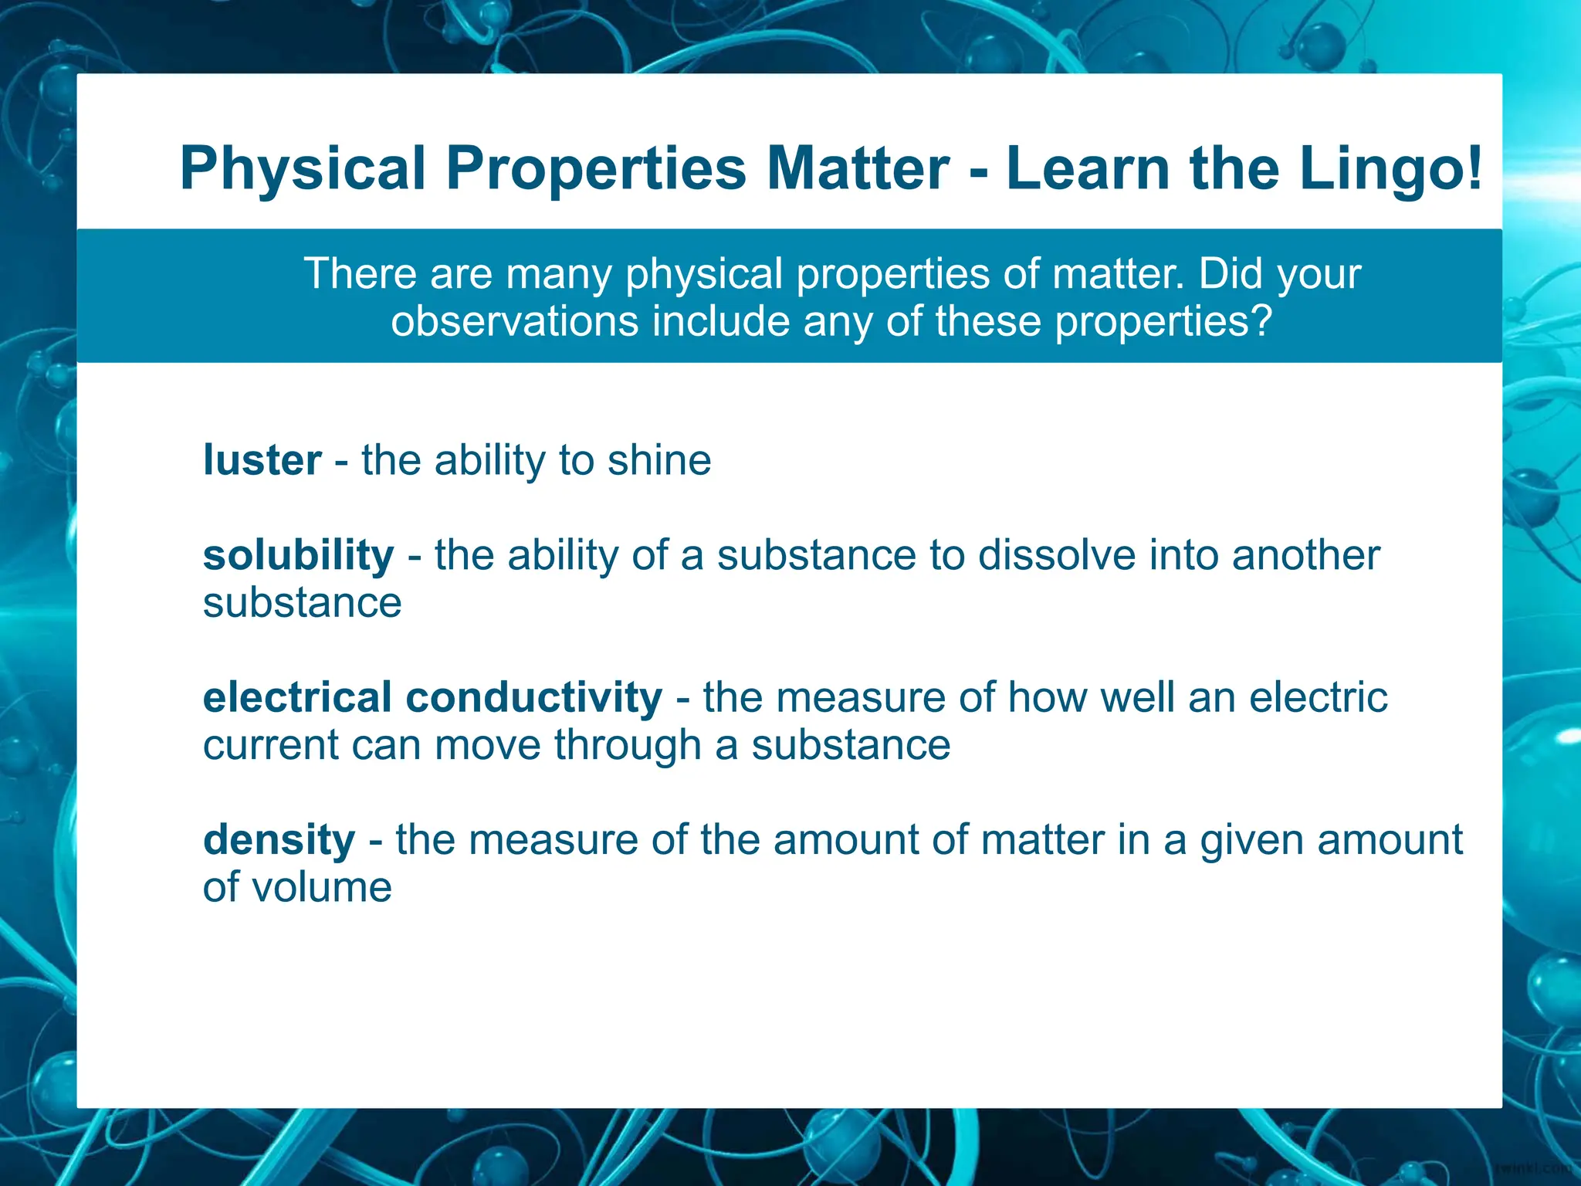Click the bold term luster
262,460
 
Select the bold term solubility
298,555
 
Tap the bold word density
279,840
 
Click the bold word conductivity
533,698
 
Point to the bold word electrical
297,698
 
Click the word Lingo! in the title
1390,169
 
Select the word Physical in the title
303,169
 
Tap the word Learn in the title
1088,169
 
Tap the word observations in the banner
514,321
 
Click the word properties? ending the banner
1163,321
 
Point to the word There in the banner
360,273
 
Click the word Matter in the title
858,169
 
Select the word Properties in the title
596,169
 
